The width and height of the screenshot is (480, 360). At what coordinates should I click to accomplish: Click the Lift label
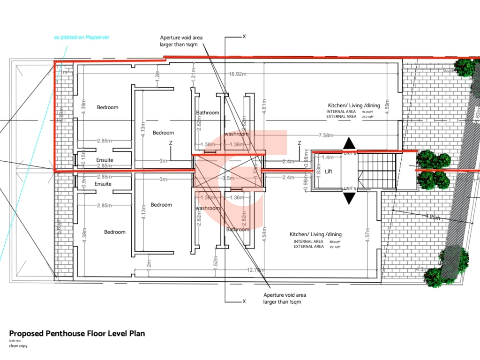coord(329,172)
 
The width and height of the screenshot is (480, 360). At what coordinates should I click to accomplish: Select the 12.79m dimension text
coord(256,270)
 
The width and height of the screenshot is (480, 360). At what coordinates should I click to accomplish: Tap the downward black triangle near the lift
coord(349,199)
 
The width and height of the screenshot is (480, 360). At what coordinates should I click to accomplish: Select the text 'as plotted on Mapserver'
coord(82,37)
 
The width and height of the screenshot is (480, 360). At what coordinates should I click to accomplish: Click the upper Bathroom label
coord(208,112)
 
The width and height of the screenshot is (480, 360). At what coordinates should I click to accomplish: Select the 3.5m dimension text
coord(228,179)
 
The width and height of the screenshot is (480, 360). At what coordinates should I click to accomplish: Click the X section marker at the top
coord(244,36)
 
